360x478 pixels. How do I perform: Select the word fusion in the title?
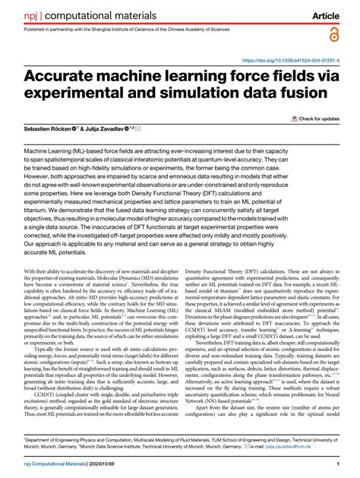(x=288, y=94)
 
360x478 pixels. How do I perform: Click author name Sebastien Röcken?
(x=45, y=130)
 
